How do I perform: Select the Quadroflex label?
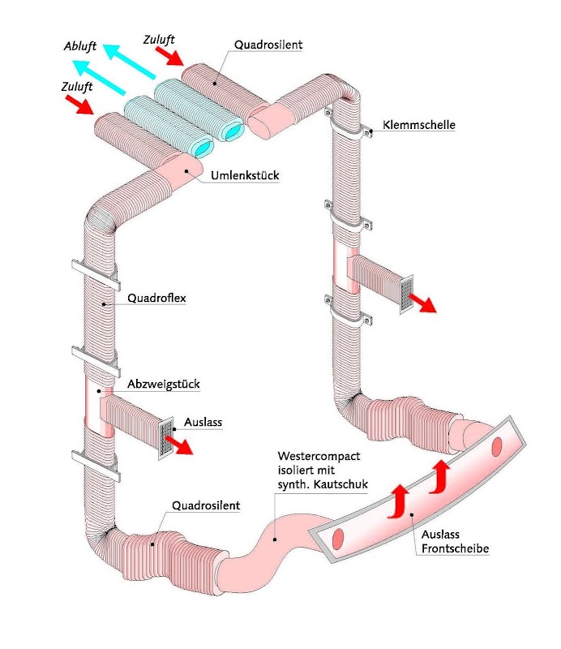click(x=156, y=298)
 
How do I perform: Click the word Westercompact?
click(x=318, y=456)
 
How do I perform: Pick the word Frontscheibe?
click(x=455, y=549)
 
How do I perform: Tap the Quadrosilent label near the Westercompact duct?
click(x=206, y=505)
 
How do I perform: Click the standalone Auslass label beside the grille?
click(x=203, y=422)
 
